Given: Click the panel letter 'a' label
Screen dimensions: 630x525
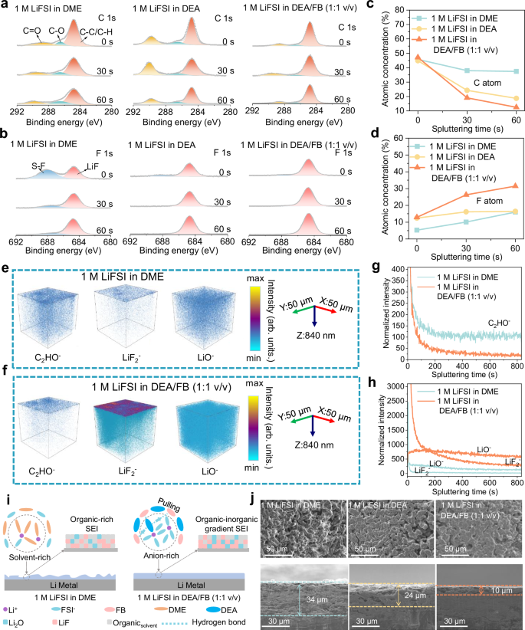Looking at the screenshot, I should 5,6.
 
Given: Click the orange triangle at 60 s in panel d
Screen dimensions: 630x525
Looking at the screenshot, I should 515,185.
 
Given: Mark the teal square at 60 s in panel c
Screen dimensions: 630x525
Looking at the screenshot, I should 515,71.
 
